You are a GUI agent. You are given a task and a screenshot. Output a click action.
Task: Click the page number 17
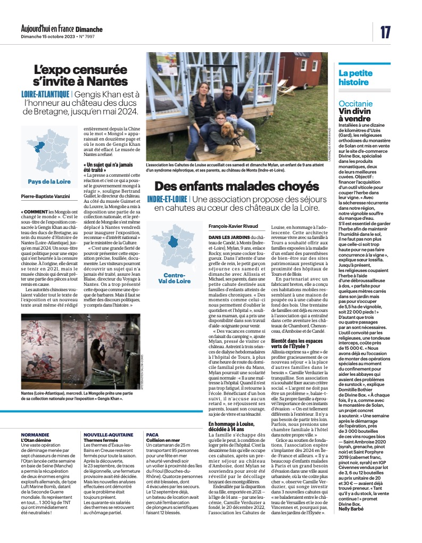tap(385, 32)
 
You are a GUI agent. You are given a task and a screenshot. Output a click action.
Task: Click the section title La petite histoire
tap(354, 78)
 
